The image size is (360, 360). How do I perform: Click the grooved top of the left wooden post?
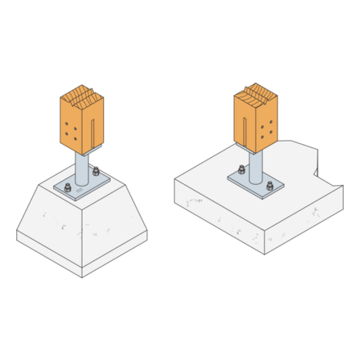82,94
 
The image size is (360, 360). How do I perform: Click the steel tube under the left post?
82,167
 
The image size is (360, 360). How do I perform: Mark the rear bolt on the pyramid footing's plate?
96,172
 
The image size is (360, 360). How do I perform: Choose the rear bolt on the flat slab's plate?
241,170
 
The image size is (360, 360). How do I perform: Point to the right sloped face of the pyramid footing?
115,221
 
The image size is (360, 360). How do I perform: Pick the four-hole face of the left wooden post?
70,127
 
